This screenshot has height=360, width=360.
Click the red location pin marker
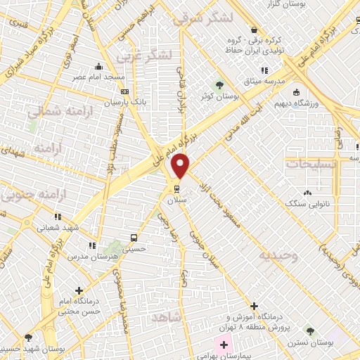[181, 166]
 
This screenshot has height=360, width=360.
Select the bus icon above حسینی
[134, 237]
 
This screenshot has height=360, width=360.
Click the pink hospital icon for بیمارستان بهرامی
[224, 345]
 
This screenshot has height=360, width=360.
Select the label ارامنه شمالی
[52, 111]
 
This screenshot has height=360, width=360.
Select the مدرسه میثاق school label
[264, 81]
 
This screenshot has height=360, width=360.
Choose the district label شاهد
[166, 318]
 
